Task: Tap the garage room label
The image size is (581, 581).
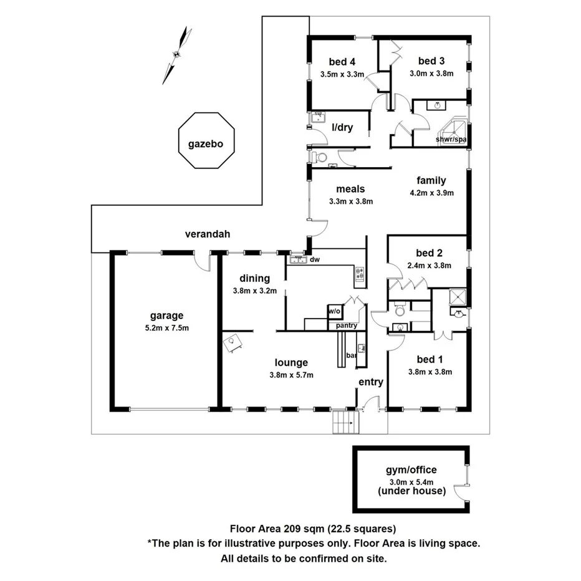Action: tap(166, 315)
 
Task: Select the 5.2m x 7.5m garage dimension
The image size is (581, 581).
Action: tap(166, 328)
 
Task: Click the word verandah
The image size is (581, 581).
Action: tap(208, 234)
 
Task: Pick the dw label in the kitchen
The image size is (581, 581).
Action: tap(315, 259)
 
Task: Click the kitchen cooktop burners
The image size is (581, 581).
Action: tap(360, 274)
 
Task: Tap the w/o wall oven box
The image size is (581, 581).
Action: tap(334, 311)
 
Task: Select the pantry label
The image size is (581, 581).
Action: tap(347, 325)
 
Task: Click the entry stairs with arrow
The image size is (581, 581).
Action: tap(346, 422)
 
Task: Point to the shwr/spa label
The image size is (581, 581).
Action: tap(451, 139)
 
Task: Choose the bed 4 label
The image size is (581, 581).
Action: tap(342, 62)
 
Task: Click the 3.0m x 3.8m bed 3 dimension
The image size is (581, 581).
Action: tap(431, 74)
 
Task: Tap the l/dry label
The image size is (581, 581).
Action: tap(342, 127)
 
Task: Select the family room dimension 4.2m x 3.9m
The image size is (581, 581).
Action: tap(431, 193)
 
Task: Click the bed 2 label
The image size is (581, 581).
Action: tap(429, 253)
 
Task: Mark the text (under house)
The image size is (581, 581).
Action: tap(411, 491)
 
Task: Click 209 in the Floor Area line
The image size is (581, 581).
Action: tap(292, 529)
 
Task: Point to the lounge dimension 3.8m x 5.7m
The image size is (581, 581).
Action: tap(291, 375)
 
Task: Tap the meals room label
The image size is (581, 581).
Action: tap(350, 189)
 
